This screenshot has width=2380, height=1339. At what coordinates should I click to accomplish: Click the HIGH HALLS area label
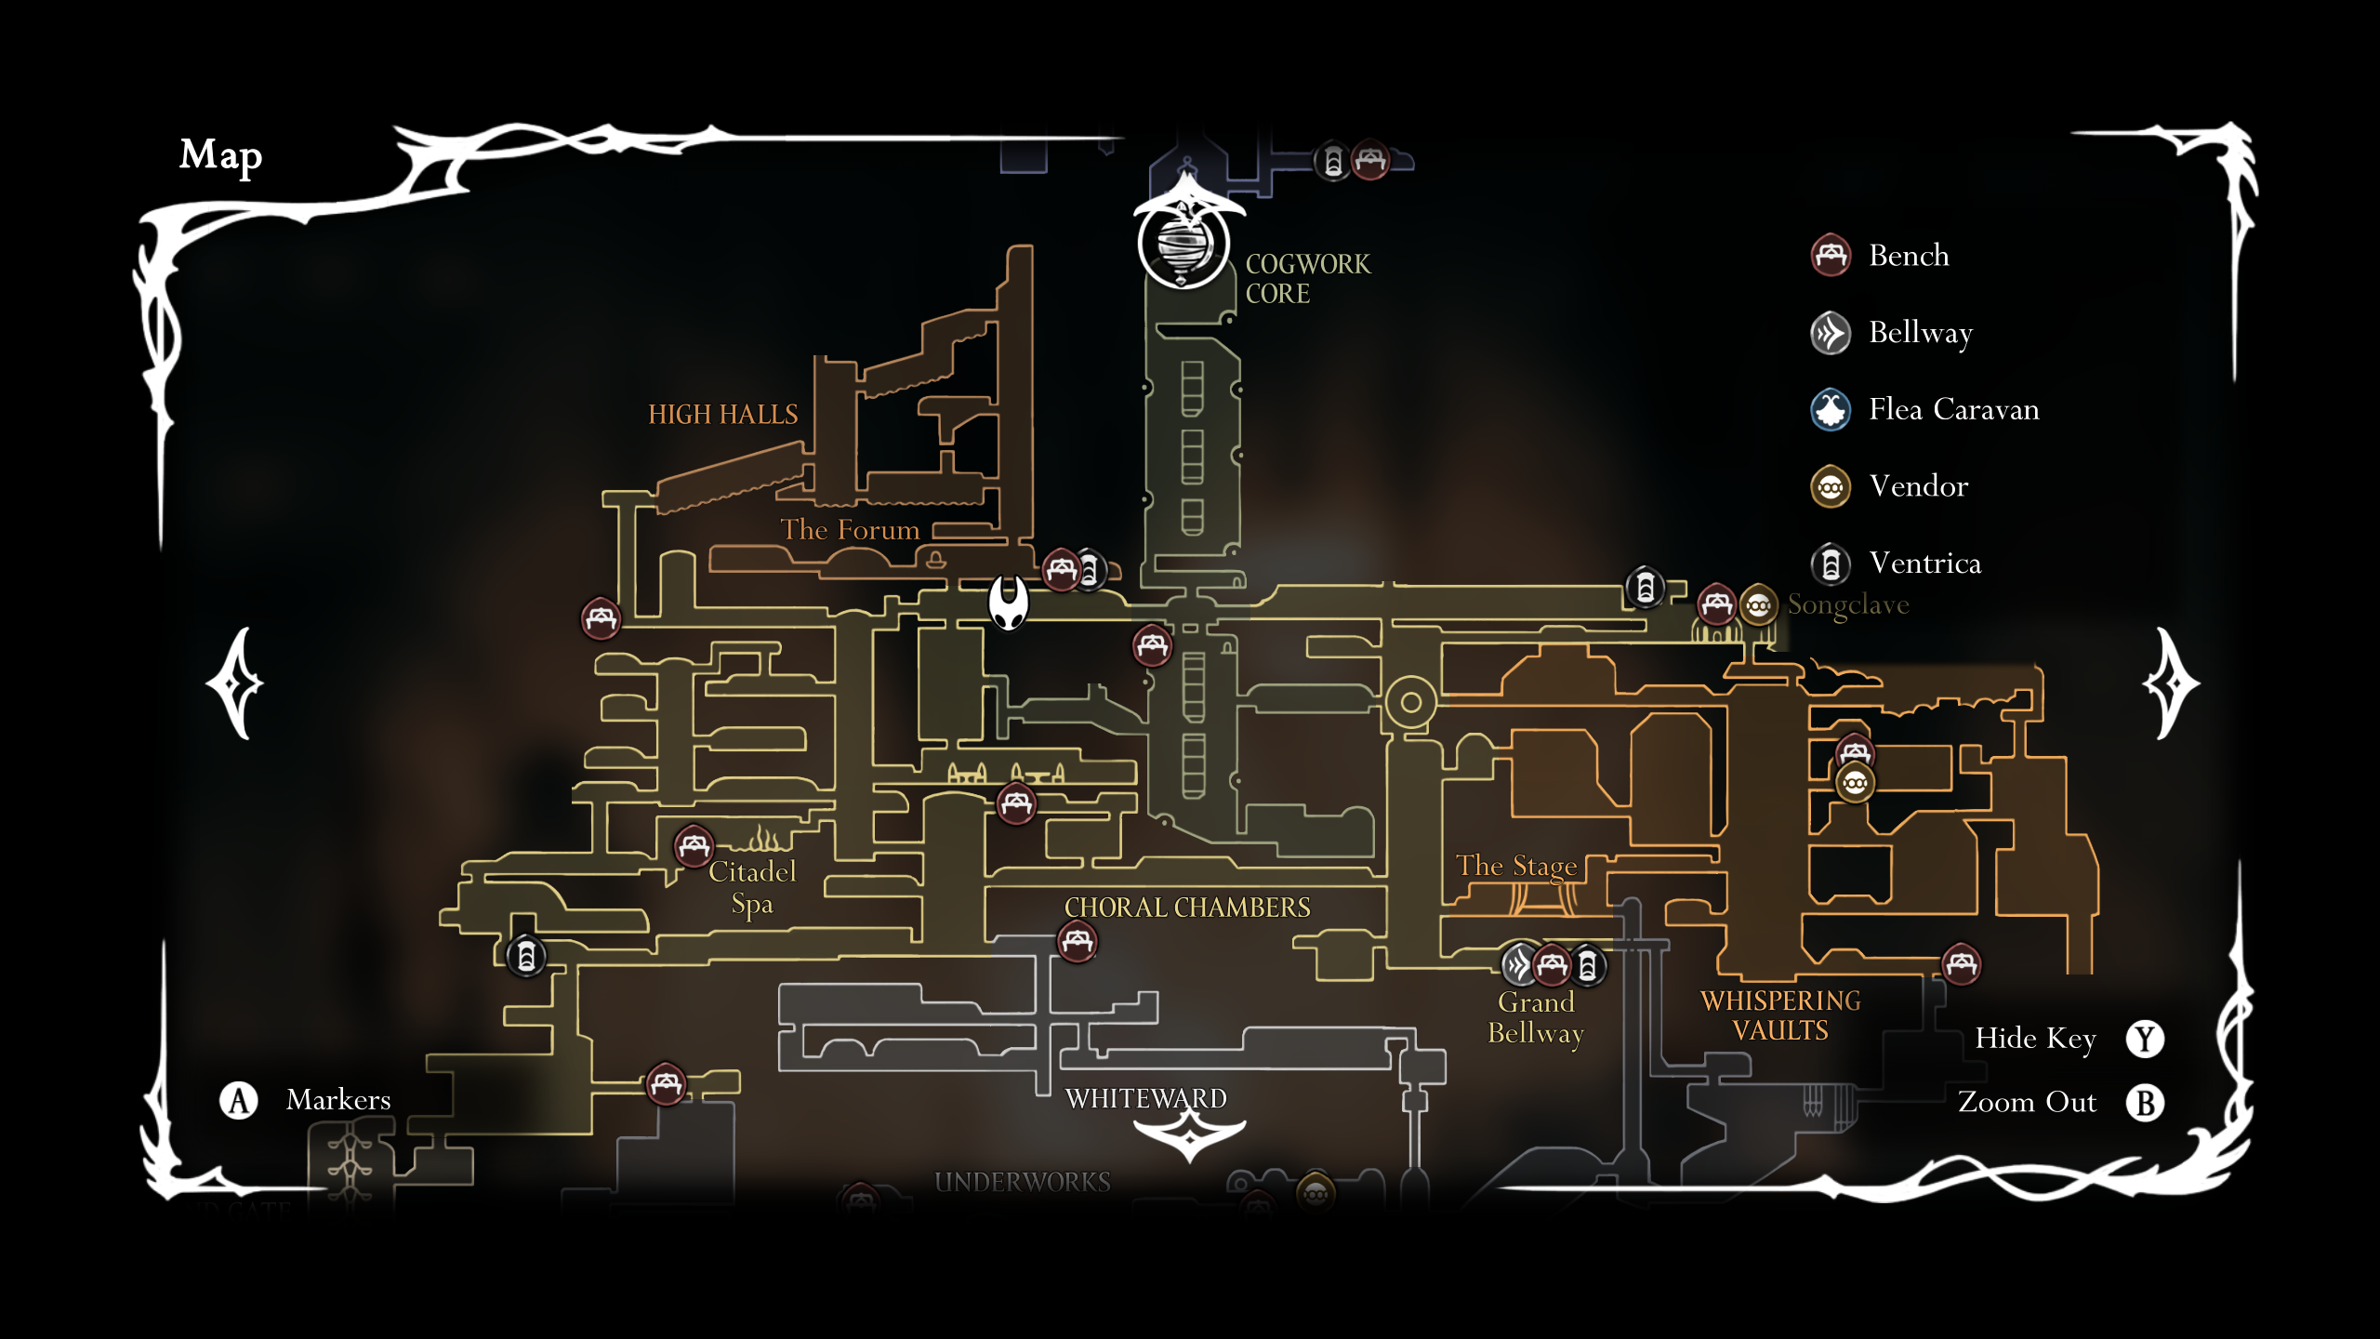[x=722, y=415]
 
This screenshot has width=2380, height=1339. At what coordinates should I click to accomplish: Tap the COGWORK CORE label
[x=1307, y=278]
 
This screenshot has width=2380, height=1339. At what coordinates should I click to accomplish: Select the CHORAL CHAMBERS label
[x=1187, y=908]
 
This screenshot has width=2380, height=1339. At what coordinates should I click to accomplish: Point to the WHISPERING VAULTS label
[x=1780, y=1015]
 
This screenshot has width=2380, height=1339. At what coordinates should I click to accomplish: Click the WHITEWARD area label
[x=1145, y=1099]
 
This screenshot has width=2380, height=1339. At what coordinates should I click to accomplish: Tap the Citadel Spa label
[x=752, y=887]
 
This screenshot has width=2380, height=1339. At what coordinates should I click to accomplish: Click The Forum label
[x=849, y=530]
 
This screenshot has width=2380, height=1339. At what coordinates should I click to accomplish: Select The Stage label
[x=1516, y=866]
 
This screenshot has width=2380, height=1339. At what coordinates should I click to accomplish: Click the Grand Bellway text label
[x=1536, y=1017]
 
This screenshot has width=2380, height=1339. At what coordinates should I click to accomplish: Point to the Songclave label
[x=1848, y=605]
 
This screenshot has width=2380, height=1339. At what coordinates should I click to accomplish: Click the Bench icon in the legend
[x=1831, y=256]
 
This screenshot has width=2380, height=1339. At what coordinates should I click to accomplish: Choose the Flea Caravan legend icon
[x=1831, y=409]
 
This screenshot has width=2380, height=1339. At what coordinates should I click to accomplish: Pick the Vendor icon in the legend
[x=1831, y=486]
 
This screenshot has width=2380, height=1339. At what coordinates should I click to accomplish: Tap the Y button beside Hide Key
[x=2145, y=1039]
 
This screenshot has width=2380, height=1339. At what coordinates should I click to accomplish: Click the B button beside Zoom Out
[x=2145, y=1103]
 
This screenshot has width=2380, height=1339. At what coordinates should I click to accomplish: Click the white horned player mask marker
[x=1009, y=602]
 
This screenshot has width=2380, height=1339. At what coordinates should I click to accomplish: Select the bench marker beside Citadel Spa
[x=694, y=846]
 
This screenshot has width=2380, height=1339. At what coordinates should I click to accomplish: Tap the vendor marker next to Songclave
[x=1758, y=605]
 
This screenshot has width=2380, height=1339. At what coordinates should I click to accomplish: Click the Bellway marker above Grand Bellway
[x=1518, y=965]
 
